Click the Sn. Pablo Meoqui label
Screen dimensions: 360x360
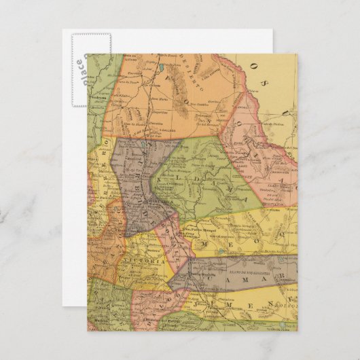200,231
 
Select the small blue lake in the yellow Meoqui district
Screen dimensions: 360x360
220,251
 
